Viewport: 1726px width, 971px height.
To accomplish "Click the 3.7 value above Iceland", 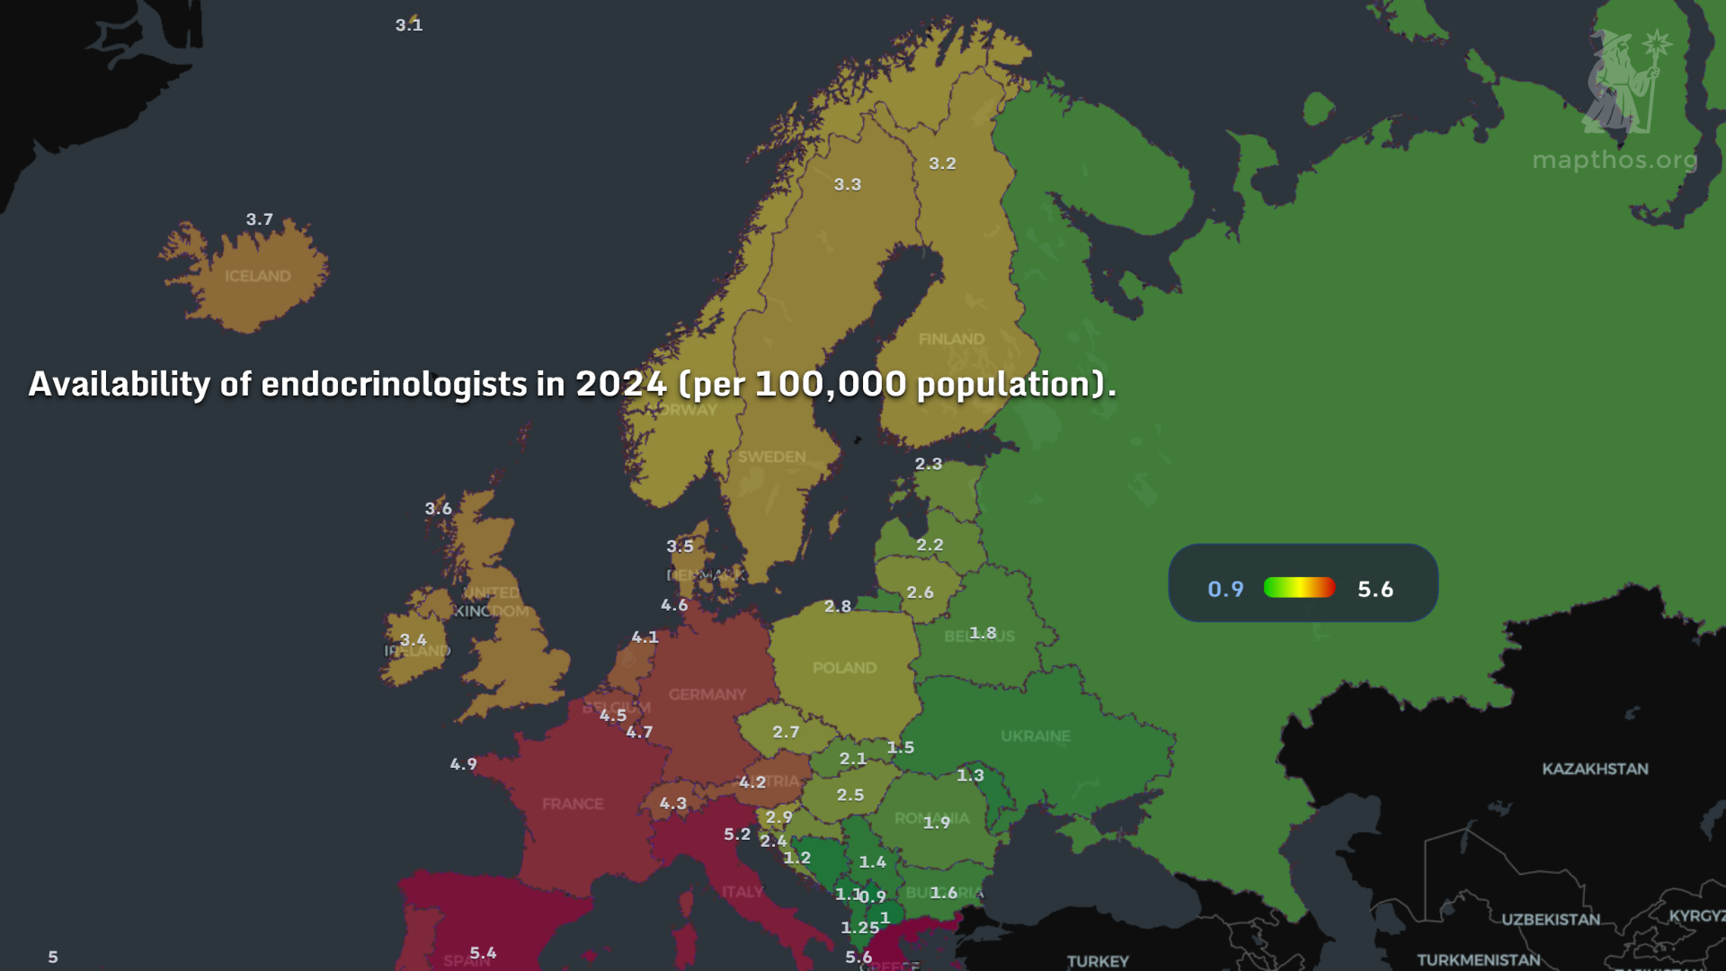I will click(x=259, y=219).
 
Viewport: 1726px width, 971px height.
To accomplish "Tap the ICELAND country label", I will click(x=257, y=276).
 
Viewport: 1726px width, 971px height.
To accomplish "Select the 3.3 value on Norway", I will click(x=847, y=184).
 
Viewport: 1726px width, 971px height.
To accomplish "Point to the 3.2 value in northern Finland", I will click(x=942, y=164).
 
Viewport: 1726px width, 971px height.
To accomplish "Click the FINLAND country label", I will click(x=951, y=339).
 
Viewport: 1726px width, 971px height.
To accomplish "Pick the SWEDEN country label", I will click(x=771, y=457).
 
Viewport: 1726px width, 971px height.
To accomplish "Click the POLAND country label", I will click(x=844, y=668).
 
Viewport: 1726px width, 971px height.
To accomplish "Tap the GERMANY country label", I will click(x=707, y=694).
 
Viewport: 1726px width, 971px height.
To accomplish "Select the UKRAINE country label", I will click(x=1036, y=735).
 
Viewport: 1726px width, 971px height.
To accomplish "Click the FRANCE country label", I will click(x=573, y=804).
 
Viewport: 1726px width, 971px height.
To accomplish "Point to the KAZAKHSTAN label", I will click(x=1595, y=769).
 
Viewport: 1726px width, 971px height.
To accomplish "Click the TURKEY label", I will click(x=1097, y=961).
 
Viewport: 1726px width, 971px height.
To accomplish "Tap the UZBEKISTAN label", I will click(x=1551, y=919).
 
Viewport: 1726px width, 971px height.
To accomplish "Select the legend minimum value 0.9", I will click(x=1225, y=589).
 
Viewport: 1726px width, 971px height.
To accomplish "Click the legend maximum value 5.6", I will click(x=1375, y=589).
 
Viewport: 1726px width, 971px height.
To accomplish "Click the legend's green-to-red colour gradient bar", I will click(x=1299, y=588).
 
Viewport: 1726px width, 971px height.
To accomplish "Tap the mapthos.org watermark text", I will click(x=1615, y=160).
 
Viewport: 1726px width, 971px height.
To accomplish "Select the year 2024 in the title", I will click(x=620, y=384).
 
